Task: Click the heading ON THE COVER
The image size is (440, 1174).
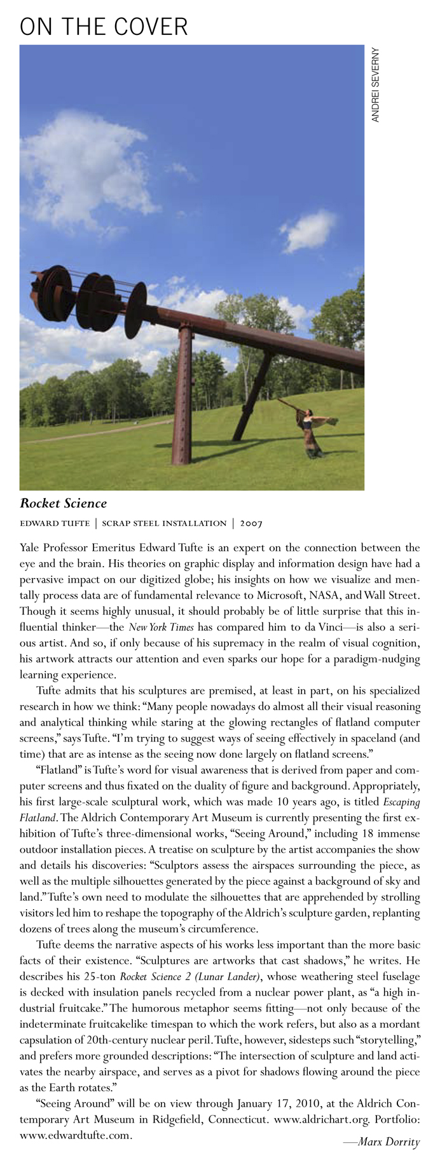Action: pos(104,27)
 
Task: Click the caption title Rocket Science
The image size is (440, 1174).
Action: pos(64,504)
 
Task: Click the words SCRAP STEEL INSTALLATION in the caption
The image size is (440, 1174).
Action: pos(164,523)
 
